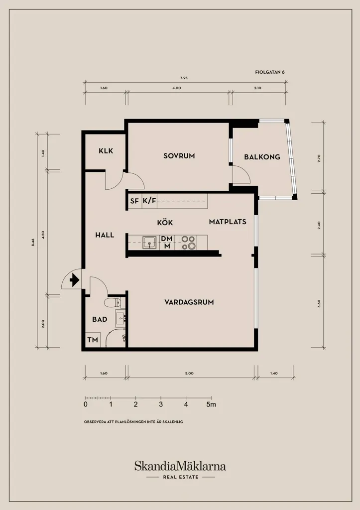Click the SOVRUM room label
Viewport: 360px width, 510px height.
pyautogui.click(x=179, y=156)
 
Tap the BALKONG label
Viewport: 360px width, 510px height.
pyautogui.click(x=262, y=157)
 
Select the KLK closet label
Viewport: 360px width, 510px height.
pyautogui.click(x=106, y=151)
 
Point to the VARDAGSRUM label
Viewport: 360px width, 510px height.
pyautogui.click(x=189, y=302)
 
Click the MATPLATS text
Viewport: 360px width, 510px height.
pyautogui.click(x=228, y=222)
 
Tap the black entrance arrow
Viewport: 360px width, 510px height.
pyautogui.click(x=75, y=280)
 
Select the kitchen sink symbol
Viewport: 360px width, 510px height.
pyautogui.click(x=149, y=243)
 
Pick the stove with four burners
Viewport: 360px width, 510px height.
pyautogui.click(x=189, y=243)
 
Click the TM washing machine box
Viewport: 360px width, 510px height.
pyautogui.click(x=93, y=340)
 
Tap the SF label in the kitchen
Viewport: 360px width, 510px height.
pyautogui.click(x=134, y=201)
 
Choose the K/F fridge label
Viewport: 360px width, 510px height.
pyautogui.click(x=149, y=201)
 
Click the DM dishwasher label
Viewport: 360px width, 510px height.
pyautogui.click(x=167, y=239)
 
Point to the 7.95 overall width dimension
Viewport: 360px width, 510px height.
pyautogui.click(x=184, y=78)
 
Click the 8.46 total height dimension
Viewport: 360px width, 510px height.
pyautogui.click(x=33, y=242)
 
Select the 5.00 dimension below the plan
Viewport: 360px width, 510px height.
pyautogui.click(x=189, y=374)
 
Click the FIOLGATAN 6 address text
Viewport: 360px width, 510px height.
pyautogui.click(x=270, y=72)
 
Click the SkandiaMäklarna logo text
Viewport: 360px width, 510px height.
pyautogui.click(x=180, y=466)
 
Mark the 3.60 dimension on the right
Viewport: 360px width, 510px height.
pyautogui.click(x=319, y=304)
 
